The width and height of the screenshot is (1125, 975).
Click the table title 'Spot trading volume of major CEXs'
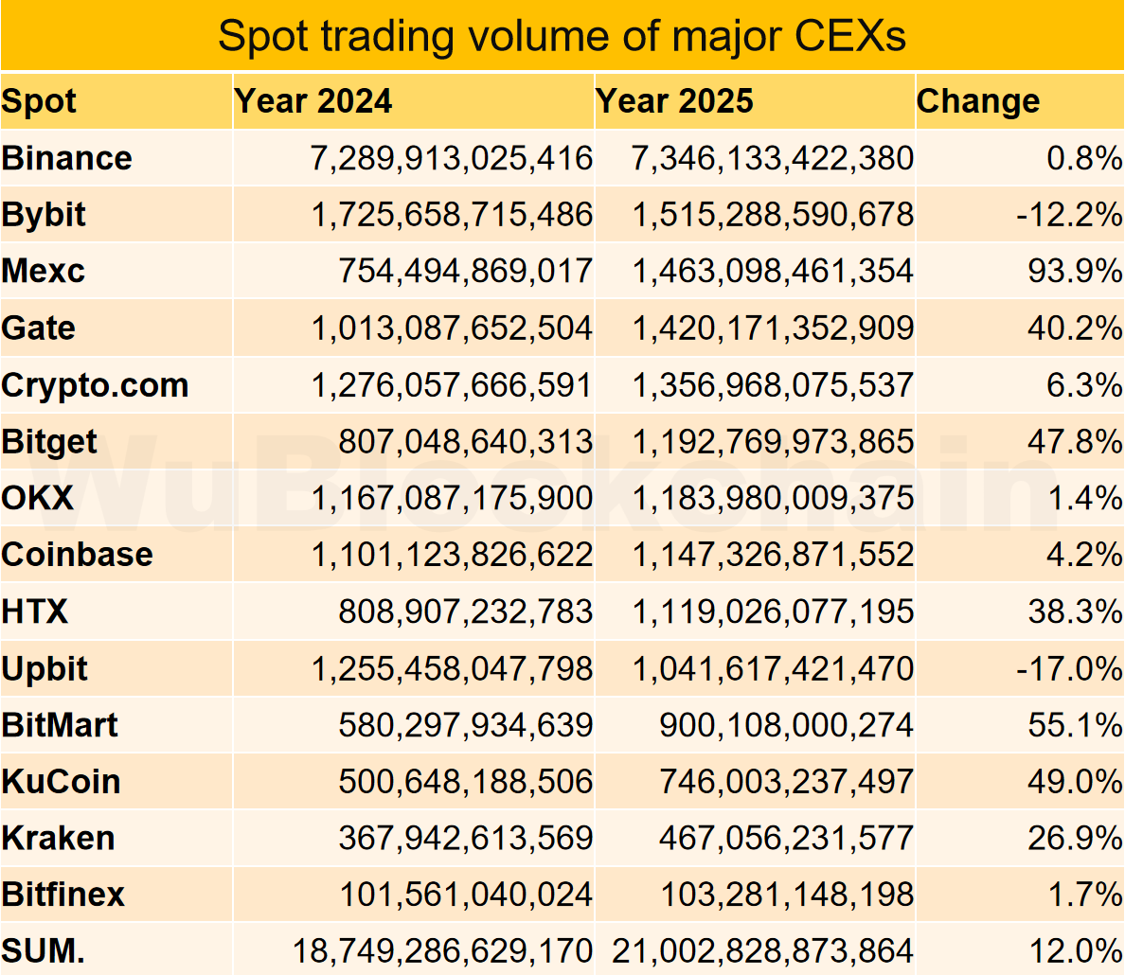pyautogui.click(x=562, y=36)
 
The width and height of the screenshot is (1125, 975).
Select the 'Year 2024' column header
pyautogui.click(x=312, y=101)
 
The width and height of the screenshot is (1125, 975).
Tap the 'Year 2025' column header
pyautogui.click(x=674, y=101)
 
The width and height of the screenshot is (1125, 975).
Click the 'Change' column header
pyautogui.click(x=978, y=101)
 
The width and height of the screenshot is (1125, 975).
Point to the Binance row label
pyautogui.click(x=67, y=158)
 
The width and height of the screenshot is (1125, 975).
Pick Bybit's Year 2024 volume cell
pyautogui.click(x=452, y=215)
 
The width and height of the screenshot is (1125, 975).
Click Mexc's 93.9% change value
pyautogui.click(x=1075, y=272)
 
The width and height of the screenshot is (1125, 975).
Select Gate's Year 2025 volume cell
pyautogui.click(x=773, y=328)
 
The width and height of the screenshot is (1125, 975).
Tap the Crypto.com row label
pyautogui.click(x=95, y=385)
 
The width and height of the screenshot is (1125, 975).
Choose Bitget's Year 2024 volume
pyautogui.click(x=465, y=441)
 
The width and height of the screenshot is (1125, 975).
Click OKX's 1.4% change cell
pyautogui.click(x=1084, y=498)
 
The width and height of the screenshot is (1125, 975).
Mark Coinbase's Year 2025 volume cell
pyautogui.click(x=773, y=555)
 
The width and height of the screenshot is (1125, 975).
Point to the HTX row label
pyautogui.click(x=35, y=612)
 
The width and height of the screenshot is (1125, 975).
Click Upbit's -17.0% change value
pyautogui.click(x=1069, y=668)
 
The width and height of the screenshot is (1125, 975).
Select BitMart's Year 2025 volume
pyautogui.click(x=786, y=725)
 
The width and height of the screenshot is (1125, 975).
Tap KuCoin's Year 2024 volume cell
pyautogui.click(x=465, y=782)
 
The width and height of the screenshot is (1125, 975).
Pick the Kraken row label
pyautogui.click(x=58, y=839)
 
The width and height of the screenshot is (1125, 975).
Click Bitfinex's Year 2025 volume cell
pyautogui.click(x=786, y=895)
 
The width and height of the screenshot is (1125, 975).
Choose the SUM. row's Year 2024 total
pyautogui.click(x=442, y=950)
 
